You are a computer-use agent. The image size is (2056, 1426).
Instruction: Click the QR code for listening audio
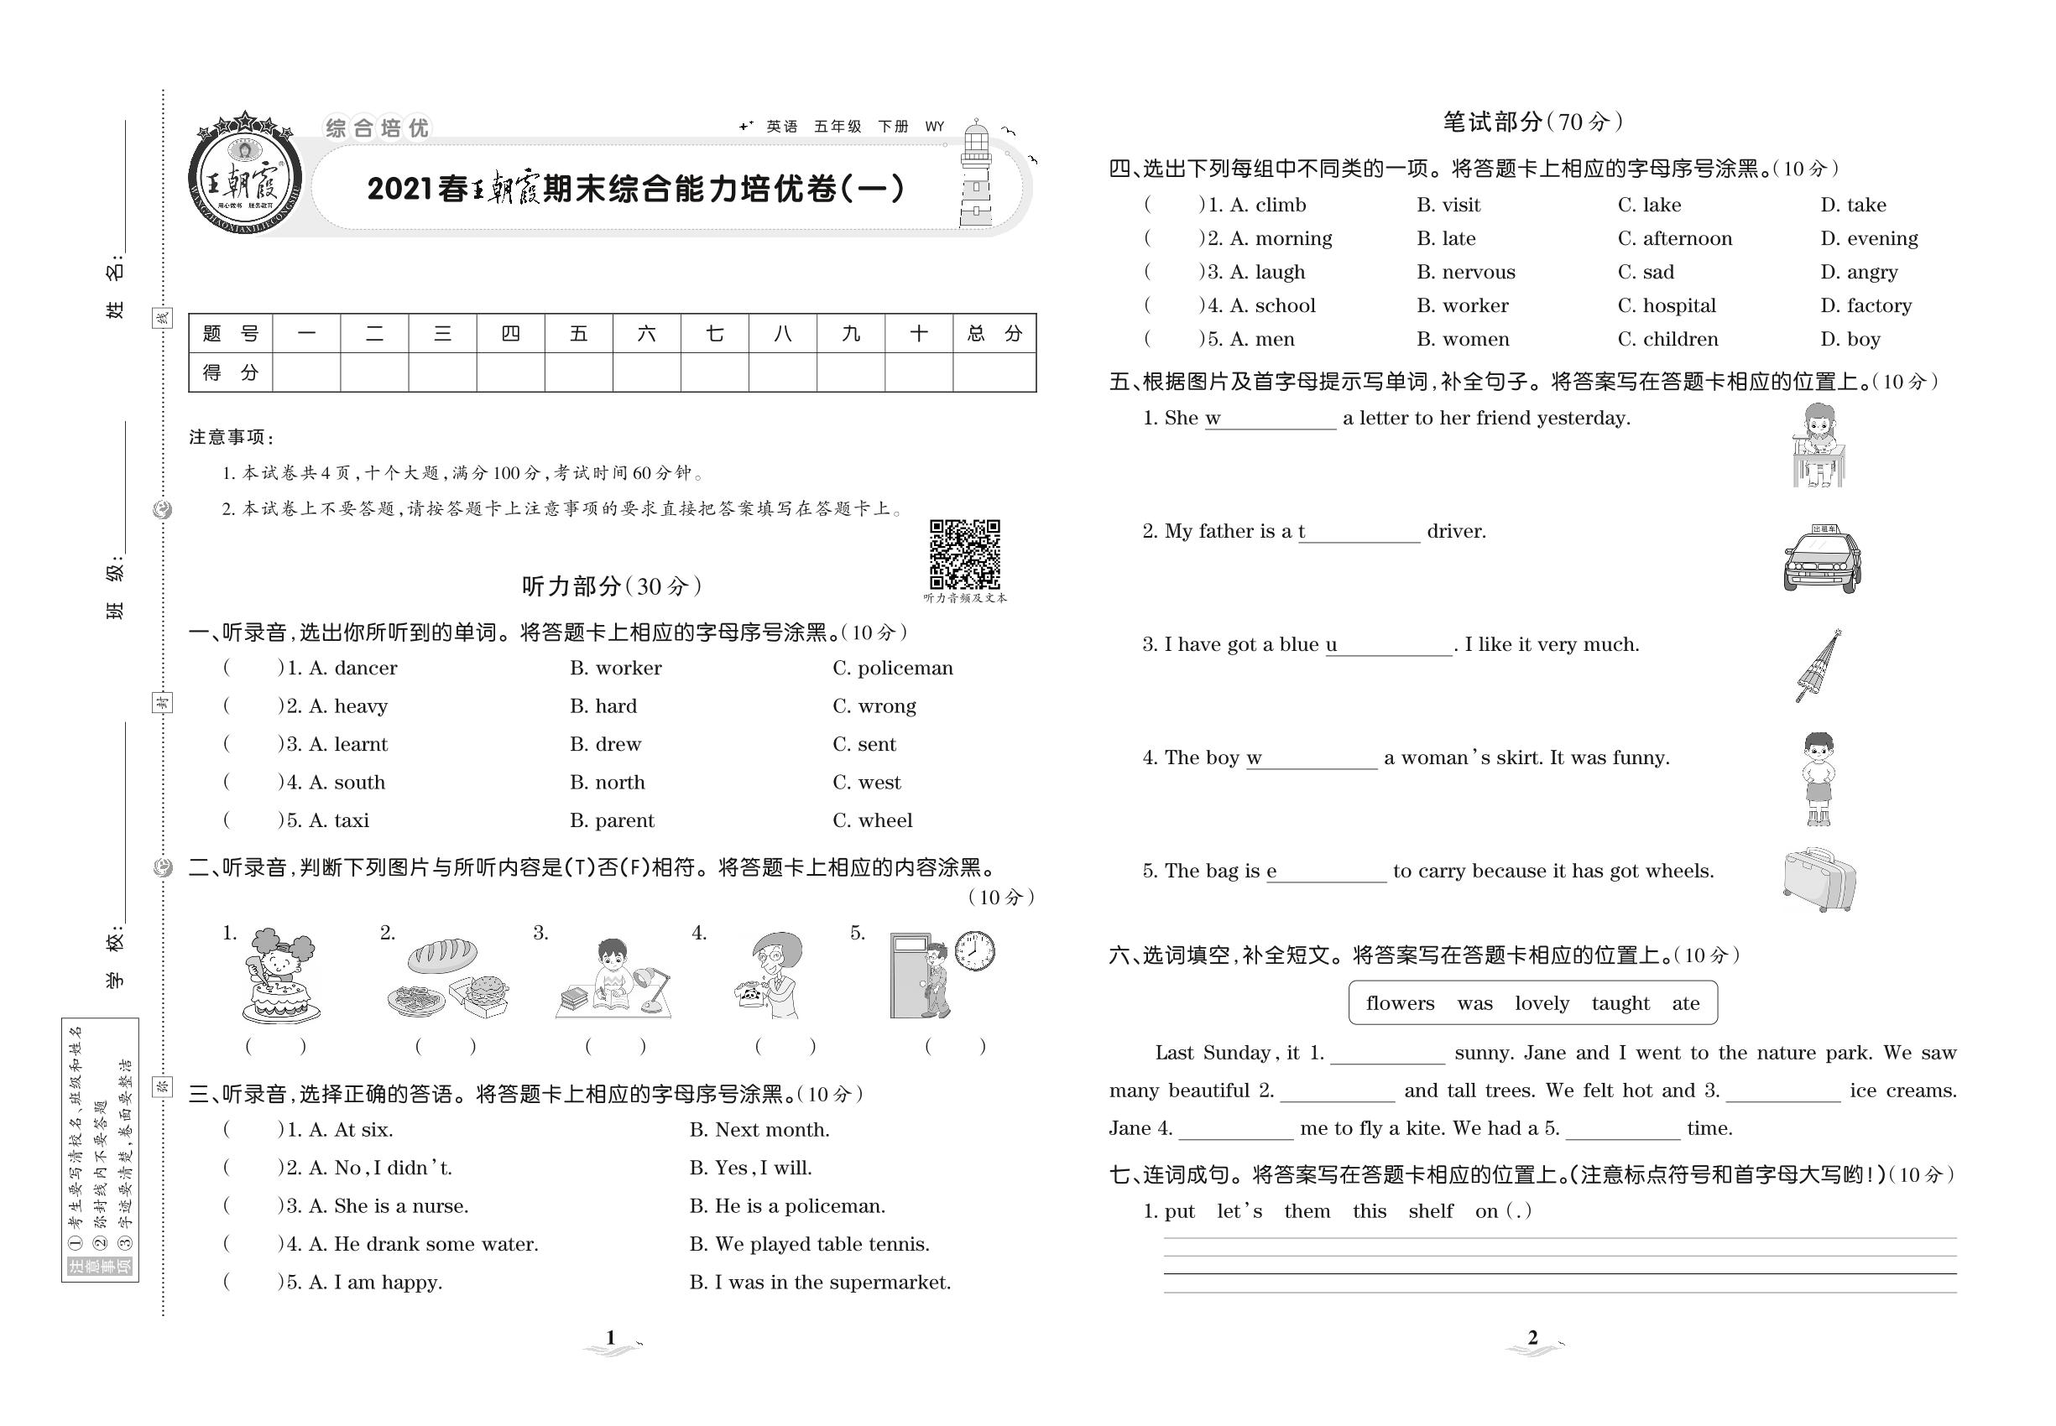point(964,554)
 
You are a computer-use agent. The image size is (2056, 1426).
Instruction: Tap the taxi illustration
point(1821,560)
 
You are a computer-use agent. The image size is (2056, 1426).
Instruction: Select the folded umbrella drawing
point(1819,666)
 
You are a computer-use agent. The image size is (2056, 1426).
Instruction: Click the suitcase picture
point(1819,880)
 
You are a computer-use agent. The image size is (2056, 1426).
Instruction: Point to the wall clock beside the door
point(974,950)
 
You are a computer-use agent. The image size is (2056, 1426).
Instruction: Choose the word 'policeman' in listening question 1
point(893,669)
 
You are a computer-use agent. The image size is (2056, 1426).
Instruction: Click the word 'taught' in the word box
point(1620,1003)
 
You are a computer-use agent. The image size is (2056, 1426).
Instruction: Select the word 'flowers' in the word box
point(1400,1003)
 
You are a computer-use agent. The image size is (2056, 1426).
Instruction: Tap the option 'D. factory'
point(1866,305)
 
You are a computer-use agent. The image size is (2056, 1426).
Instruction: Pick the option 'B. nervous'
point(1465,272)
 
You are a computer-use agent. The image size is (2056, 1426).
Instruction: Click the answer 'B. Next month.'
point(759,1130)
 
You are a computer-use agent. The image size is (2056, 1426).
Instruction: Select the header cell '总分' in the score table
point(994,334)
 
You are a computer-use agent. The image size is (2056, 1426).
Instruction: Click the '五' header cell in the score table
point(578,334)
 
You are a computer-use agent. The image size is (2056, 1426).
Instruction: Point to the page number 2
point(1532,1338)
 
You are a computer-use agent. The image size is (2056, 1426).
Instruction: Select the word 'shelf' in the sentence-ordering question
point(1430,1211)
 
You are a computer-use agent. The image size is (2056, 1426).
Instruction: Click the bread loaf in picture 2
point(441,955)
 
